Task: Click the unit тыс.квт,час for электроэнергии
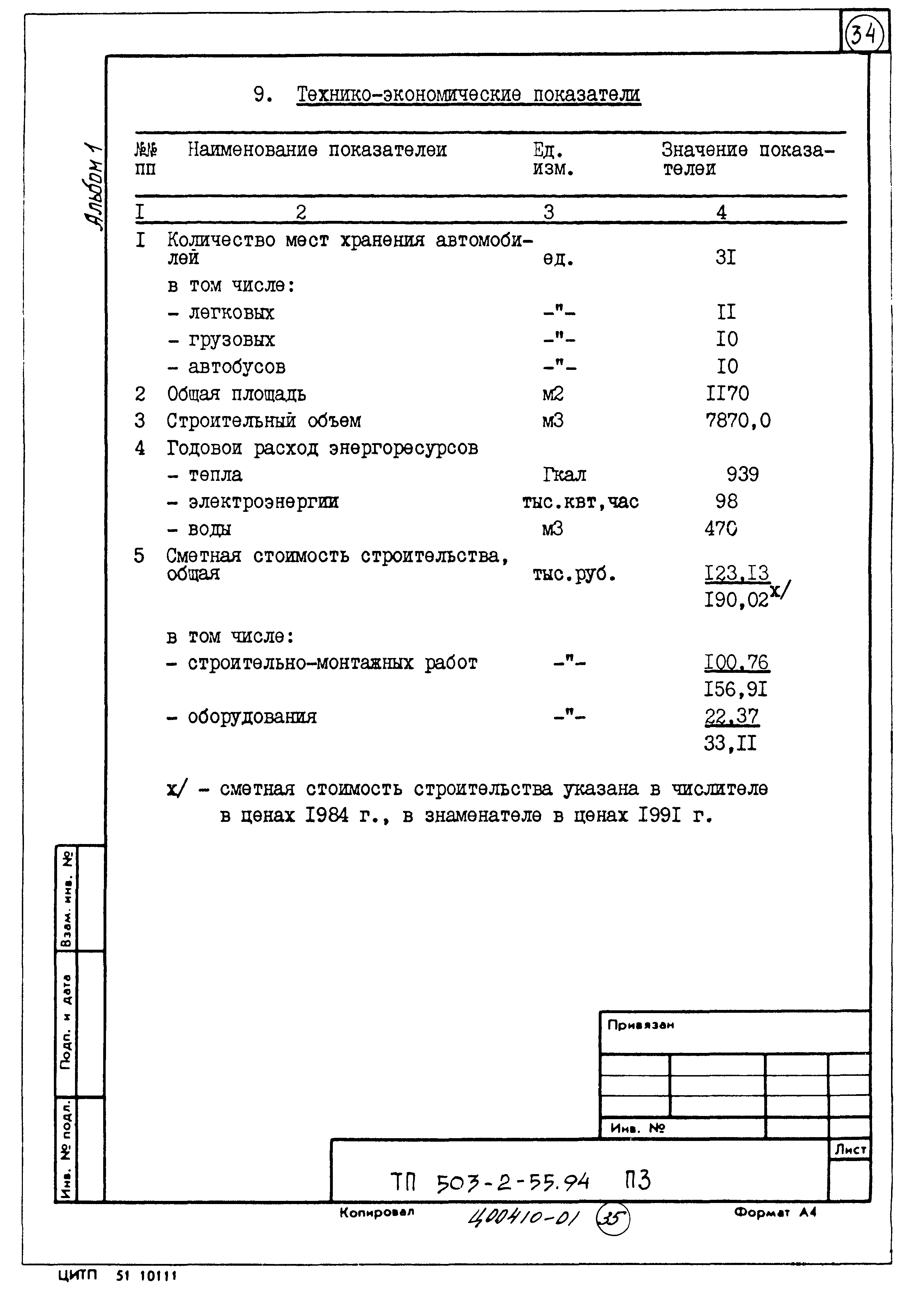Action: [580, 502]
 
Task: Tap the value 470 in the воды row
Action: [721, 529]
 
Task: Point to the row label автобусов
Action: [237, 367]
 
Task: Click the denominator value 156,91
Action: [735, 689]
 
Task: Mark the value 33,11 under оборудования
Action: [730, 744]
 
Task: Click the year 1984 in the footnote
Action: [327, 815]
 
